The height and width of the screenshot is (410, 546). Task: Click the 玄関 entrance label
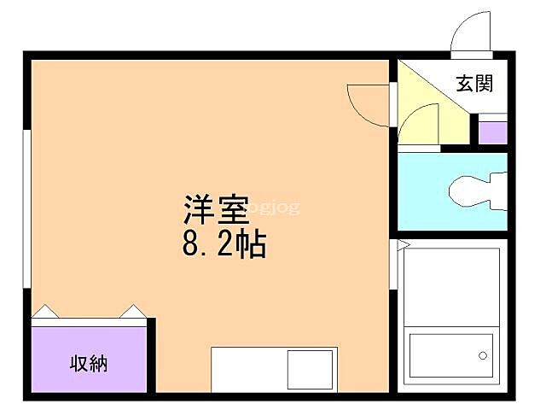coord(474,84)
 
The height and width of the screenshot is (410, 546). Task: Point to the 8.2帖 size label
coord(224,245)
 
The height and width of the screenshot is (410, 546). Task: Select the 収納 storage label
coord(88,363)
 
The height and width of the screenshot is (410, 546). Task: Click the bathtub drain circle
coord(482,354)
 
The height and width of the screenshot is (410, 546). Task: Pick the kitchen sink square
coord(311,369)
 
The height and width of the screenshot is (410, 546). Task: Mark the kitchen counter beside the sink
coord(248,369)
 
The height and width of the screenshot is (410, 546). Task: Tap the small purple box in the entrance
coord(491,132)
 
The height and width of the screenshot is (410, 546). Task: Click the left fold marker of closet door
coord(46,311)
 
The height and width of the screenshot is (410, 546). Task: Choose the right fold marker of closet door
coord(134,311)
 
